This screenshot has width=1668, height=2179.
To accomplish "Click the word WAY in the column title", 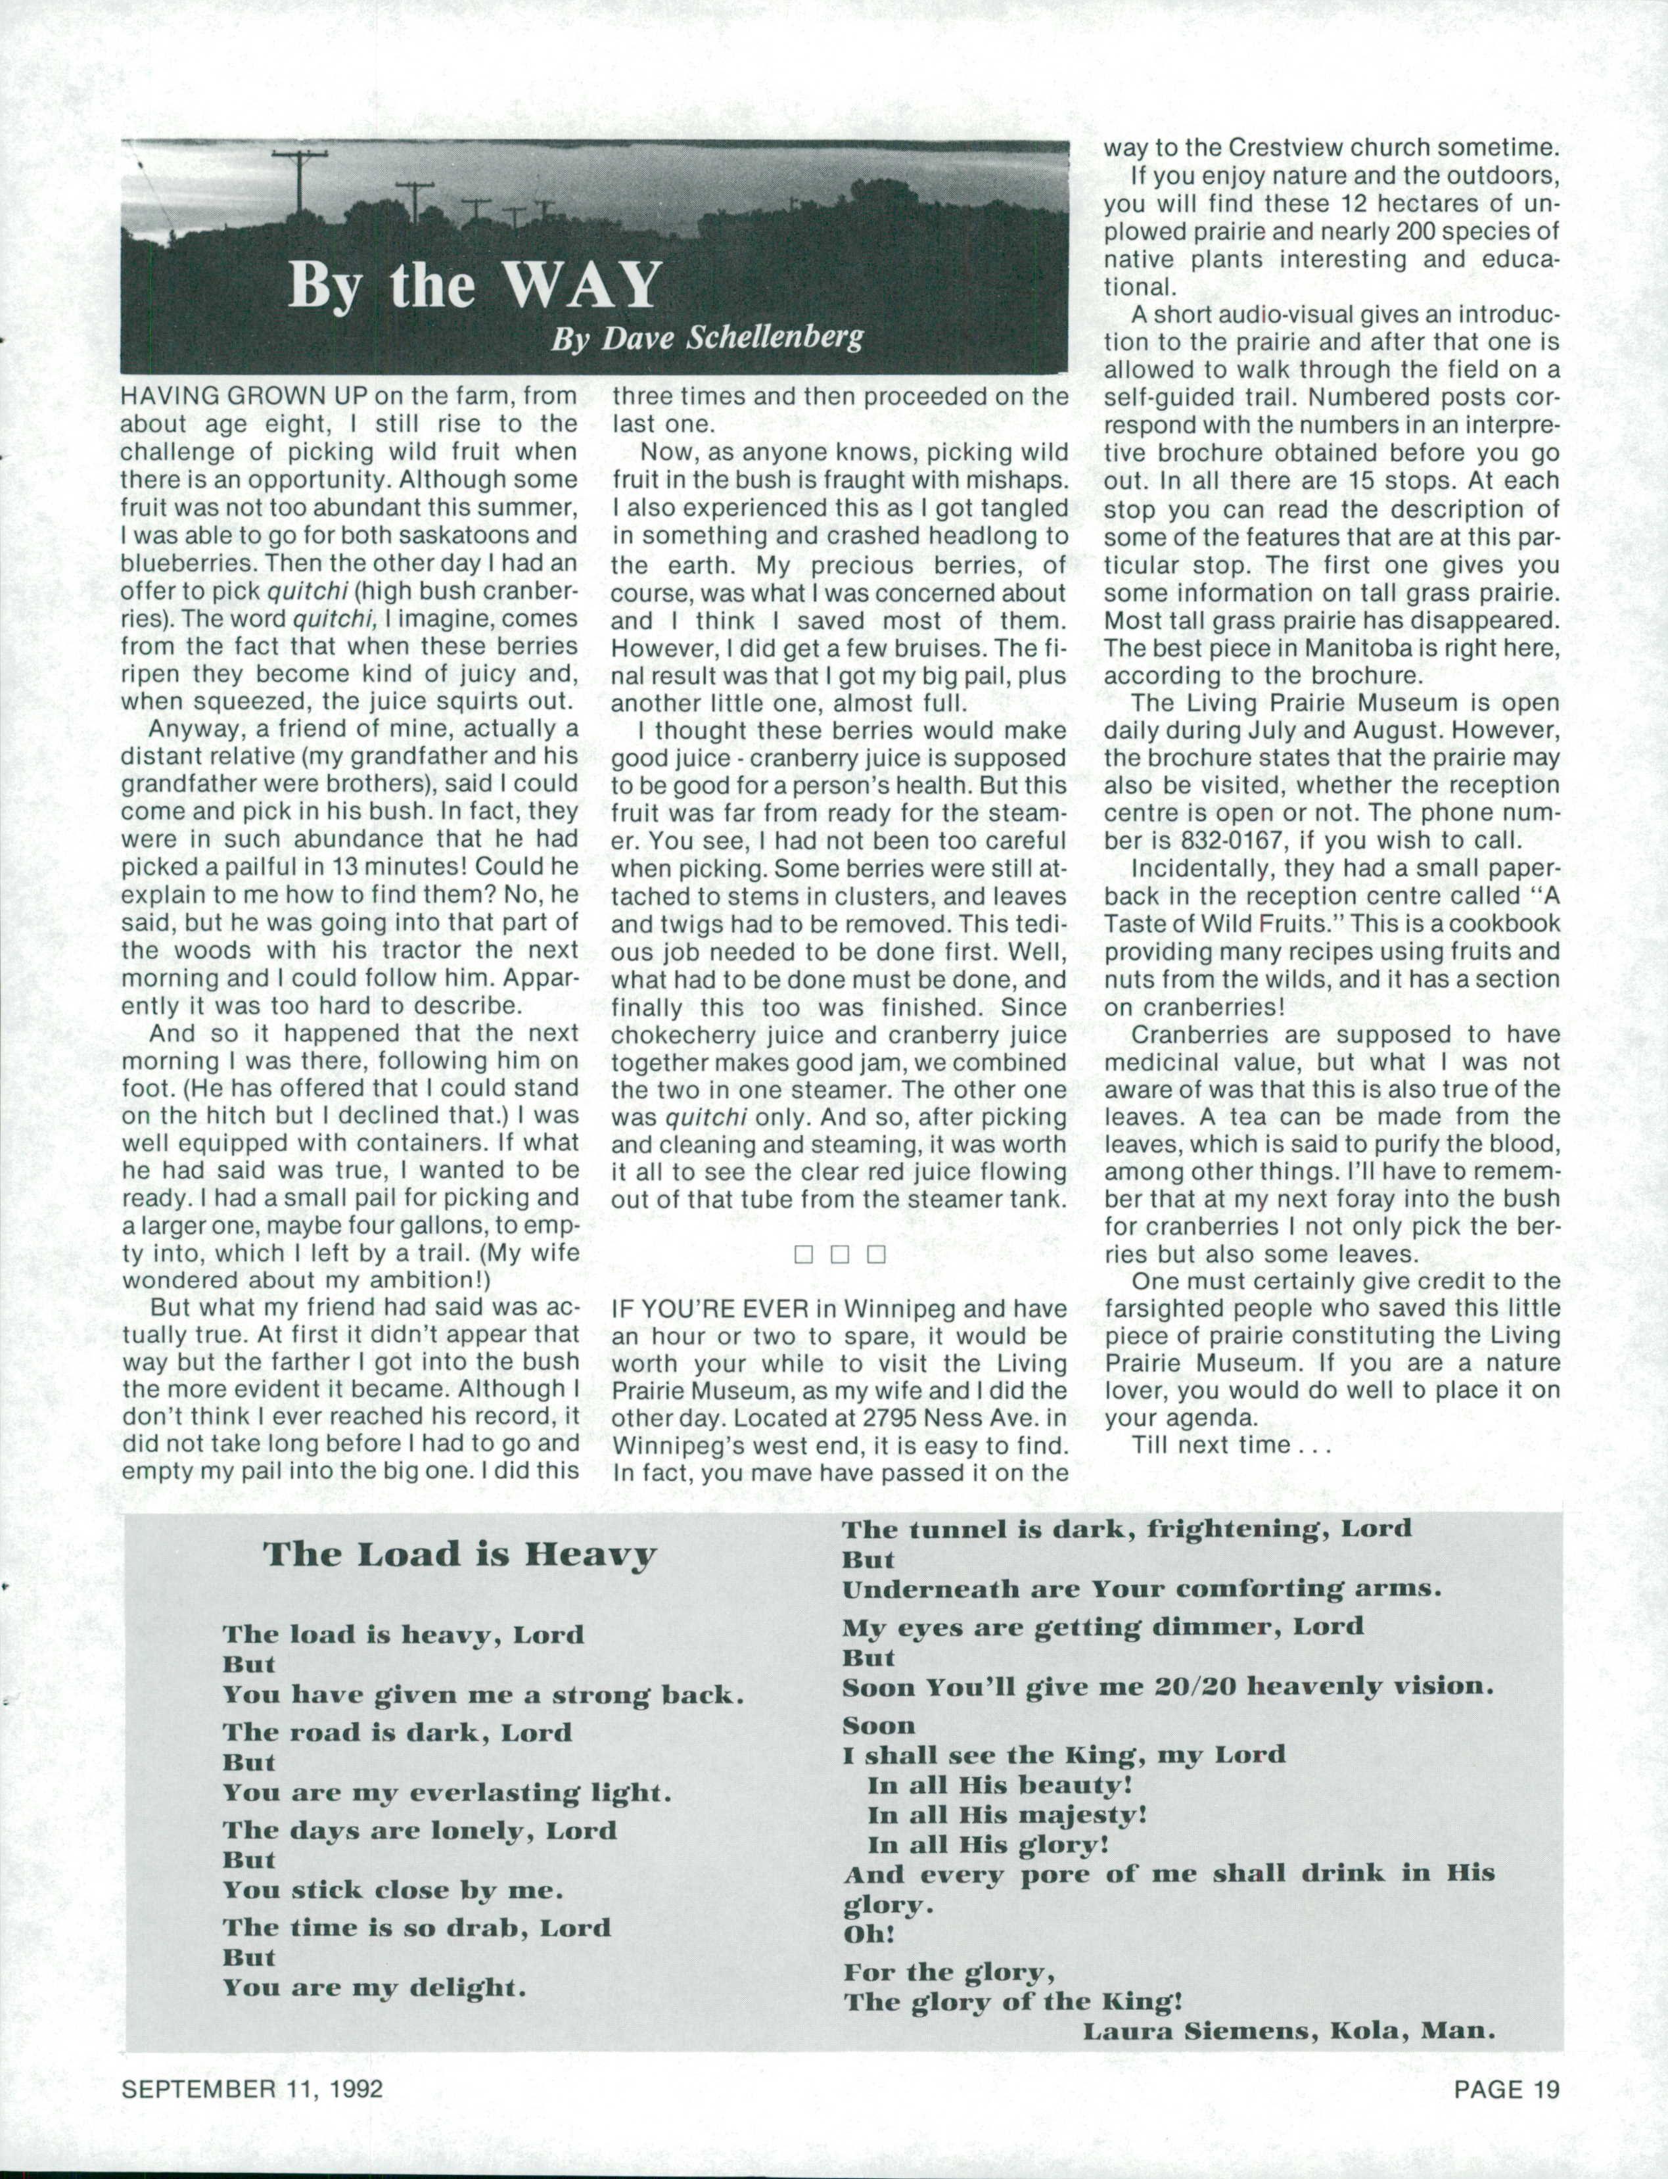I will (x=584, y=286).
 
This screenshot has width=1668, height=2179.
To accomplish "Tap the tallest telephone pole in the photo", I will (x=299, y=184).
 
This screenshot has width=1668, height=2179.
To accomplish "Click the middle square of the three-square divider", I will (x=839, y=1254).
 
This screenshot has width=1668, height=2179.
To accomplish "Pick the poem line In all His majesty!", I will (x=1007, y=1816).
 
